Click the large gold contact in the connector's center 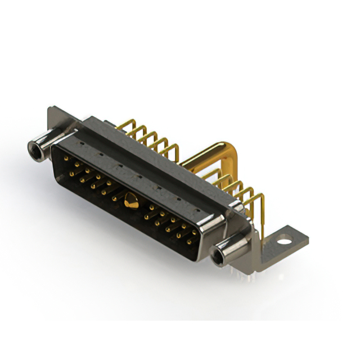click(x=130, y=200)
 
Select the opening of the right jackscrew click(x=218, y=259)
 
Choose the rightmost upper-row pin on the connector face click(x=195, y=232)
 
